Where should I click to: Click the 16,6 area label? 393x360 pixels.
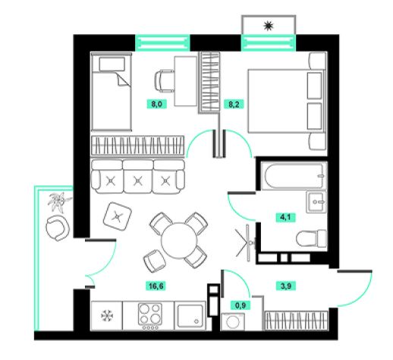pyautogui.click(x=156, y=286)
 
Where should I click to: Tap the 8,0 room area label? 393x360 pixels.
pyautogui.click(x=157, y=104)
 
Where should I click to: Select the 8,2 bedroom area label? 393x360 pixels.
pyautogui.click(x=234, y=104)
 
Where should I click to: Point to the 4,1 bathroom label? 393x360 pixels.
pyautogui.click(x=285, y=217)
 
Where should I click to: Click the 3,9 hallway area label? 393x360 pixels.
pyautogui.click(x=285, y=286)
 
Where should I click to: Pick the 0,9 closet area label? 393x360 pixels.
pyautogui.click(x=241, y=305)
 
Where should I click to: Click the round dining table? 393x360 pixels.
pyautogui.click(x=179, y=241)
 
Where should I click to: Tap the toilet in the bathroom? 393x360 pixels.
pyautogui.click(x=311, y=238)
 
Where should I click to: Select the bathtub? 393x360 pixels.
pyautogui.click(x=294, y=176)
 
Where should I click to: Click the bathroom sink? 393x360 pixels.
pyautogui.click(x=316, y=202)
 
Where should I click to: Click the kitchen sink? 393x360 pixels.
pyautogui.click(x=190, y=315)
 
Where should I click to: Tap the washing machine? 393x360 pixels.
pyautogui.click(x=233, y=322)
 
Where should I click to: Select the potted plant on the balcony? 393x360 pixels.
pyautogui.click(x=60, y=202)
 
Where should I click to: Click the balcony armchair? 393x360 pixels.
pyautogui.click(x=58, y=228)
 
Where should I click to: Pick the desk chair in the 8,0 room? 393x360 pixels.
pyautogui.click(x=165, y=81)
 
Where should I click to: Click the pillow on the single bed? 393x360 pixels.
pyautogui.click(x=112, y=64)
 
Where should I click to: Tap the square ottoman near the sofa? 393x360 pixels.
pyautogui.click(x=118, y=216)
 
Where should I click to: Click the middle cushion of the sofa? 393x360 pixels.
pyautogui.click(x=138, y=177)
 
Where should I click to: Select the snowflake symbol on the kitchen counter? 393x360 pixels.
pyautogui.click(x=107, y=316)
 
